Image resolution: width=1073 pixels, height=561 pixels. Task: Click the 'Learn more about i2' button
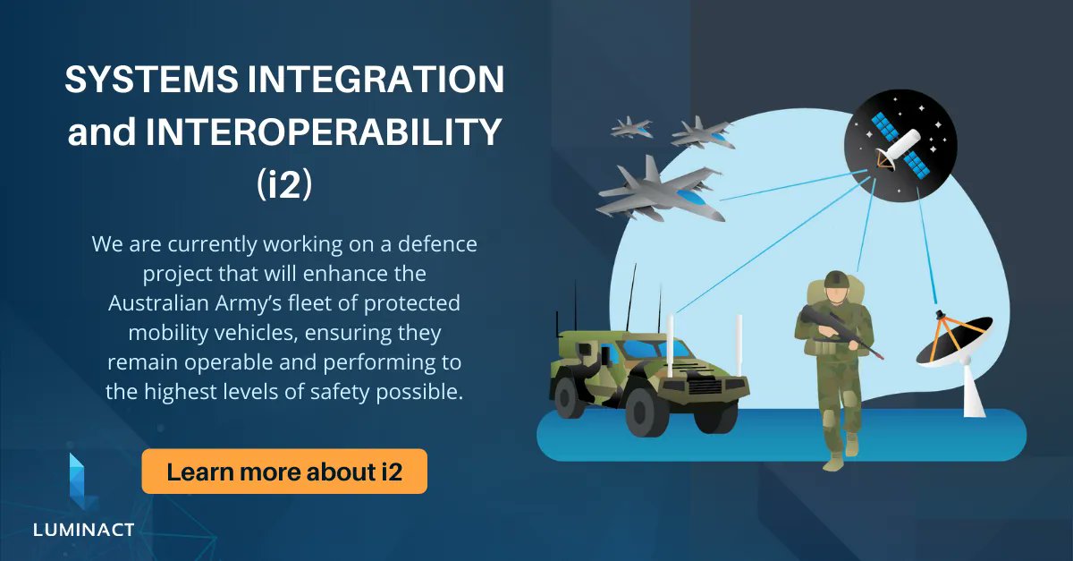click(x=284, y=472)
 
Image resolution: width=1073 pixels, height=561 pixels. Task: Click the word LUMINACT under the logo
click(x=83, y=530)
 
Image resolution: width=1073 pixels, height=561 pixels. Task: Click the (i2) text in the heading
click(x=283, y=184)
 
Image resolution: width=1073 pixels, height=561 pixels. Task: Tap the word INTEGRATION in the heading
click(x=367, y=81)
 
